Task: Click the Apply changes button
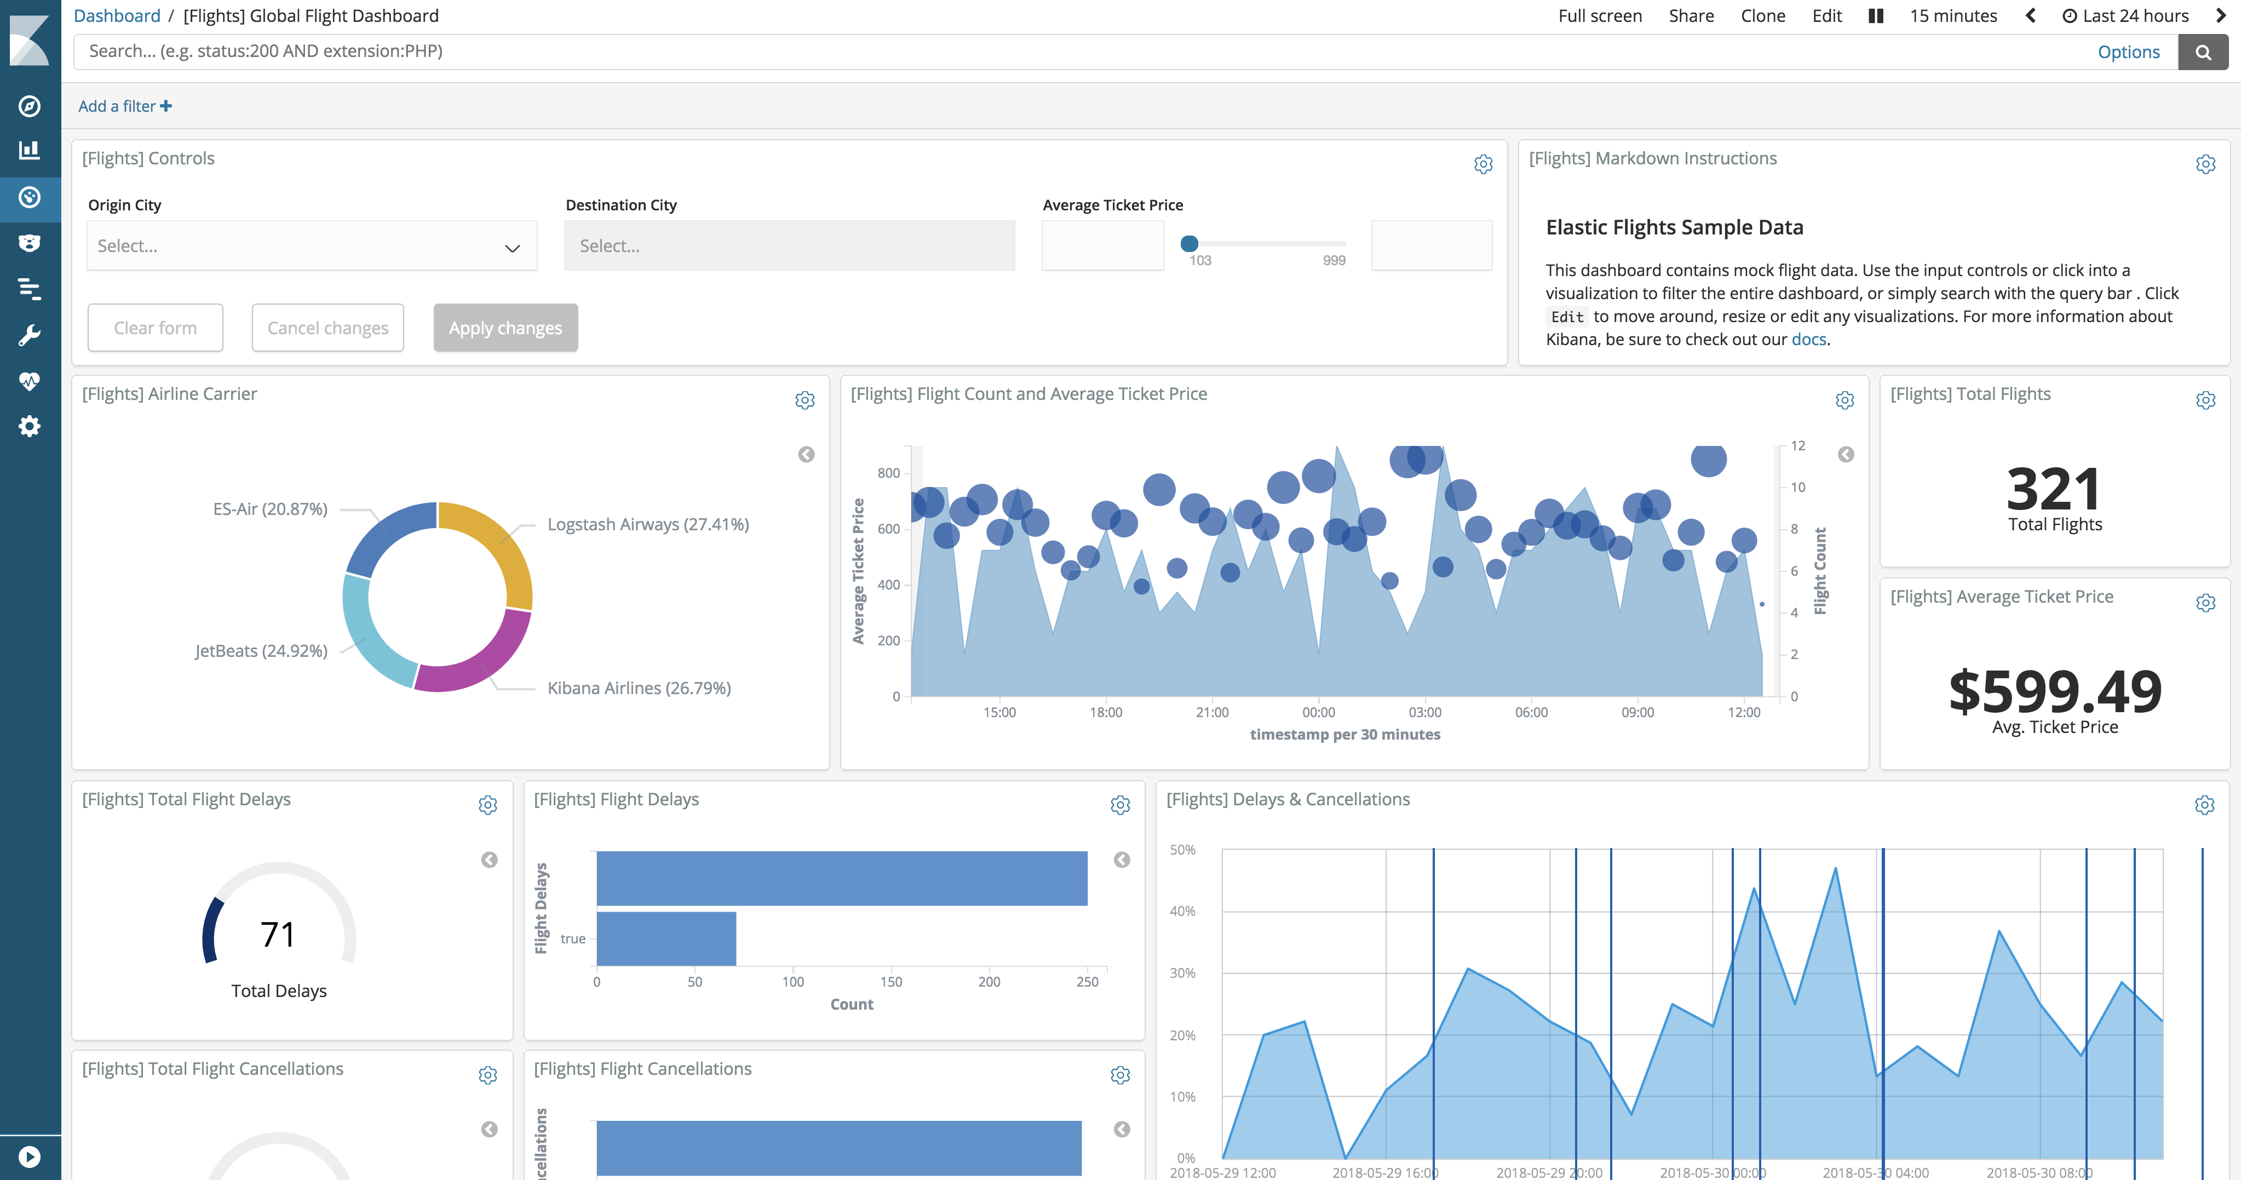click(x=505, y=328)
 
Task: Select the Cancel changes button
click(x=328, y=328)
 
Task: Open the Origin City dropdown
click(x=312, y=247)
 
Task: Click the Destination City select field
click(x=789, y=247)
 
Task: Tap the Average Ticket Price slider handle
click(x=1189, y=244)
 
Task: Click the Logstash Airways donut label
click(x=648, y=525)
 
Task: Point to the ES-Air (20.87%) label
click(x=271, y=509)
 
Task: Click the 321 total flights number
click(x=2054, y=489)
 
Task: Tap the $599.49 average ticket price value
click(x=2055, y=692)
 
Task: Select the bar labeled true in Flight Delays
click(x=666, y=939)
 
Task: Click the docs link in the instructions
click(x=1809, y=340)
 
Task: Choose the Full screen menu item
click(x=1600, y=16)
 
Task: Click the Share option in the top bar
click(x=1691, y=16)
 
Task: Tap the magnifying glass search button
click(x=2203, y=52)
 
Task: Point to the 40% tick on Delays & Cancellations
click(x=1182, y=911)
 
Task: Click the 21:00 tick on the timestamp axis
click(x=1212, y=713)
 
